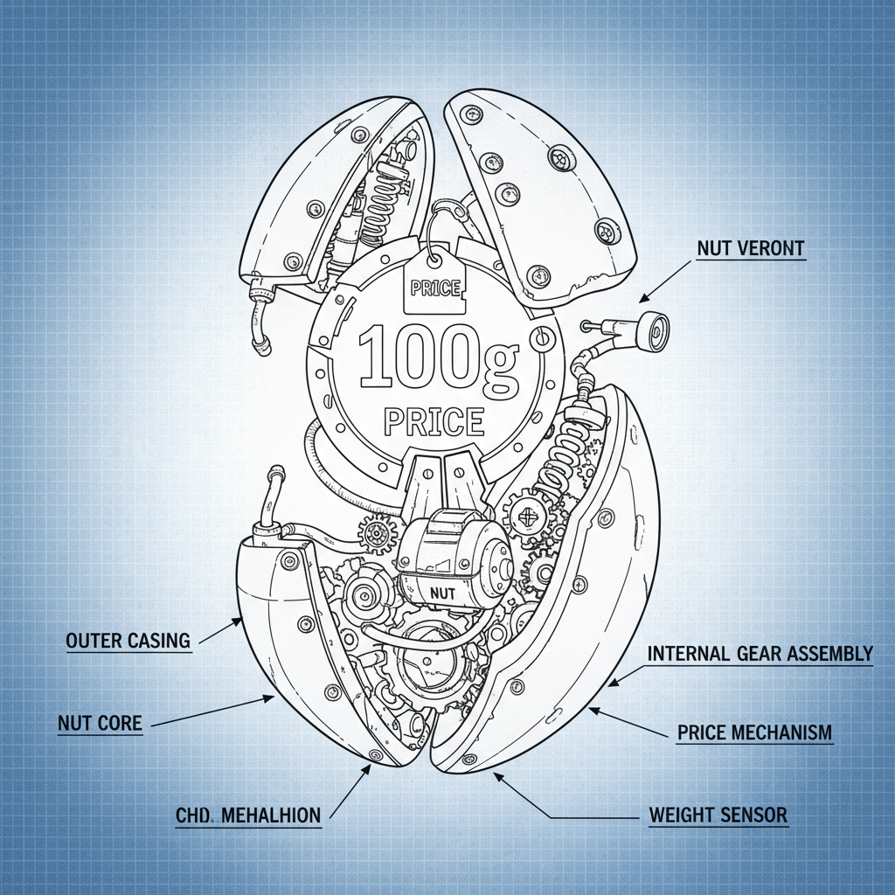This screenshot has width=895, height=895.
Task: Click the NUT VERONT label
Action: (x=751, y=248)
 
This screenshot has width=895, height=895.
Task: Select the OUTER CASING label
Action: (x=128, y=640)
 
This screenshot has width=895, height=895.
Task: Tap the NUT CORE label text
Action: (x=99, y=723)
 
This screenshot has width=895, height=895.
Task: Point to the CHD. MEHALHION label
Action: (x=248, y=815)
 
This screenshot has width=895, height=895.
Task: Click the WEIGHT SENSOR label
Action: (x=718, y=815)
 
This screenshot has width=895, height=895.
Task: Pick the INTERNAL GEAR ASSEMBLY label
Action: (x=760, y=654)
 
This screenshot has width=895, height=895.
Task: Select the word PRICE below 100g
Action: (x=434, y=421)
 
